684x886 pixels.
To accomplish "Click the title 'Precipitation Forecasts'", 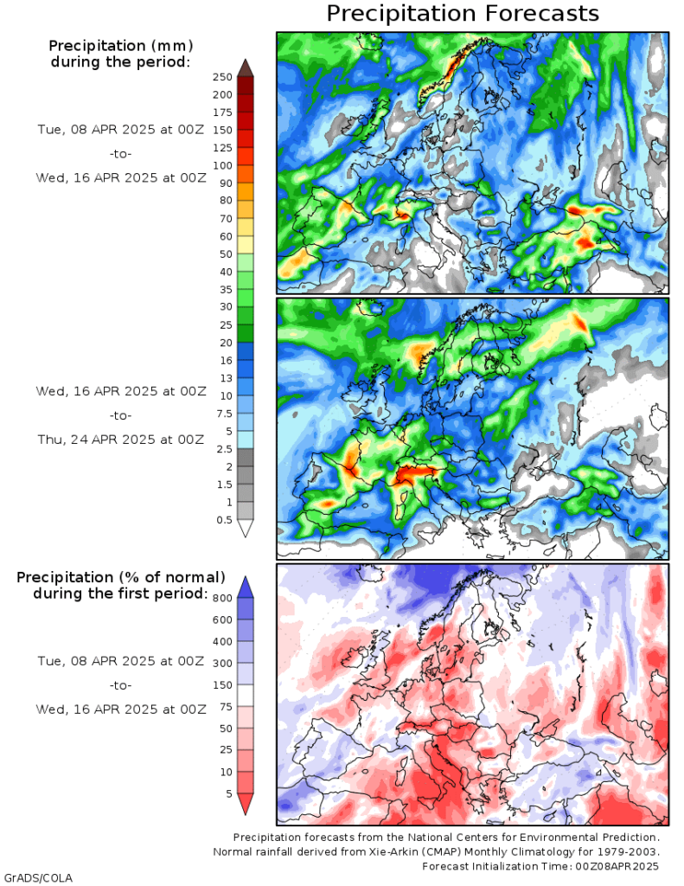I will pos(463,14).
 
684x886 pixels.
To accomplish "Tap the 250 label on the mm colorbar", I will pos(222,77).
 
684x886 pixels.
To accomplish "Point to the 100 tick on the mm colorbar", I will pos(222,165).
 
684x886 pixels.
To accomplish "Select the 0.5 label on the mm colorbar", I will pos(223,520).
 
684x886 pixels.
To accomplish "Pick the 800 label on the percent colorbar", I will pos(222,598).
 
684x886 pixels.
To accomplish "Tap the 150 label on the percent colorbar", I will pos(222,684).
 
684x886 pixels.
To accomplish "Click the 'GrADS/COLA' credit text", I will pos(38,877).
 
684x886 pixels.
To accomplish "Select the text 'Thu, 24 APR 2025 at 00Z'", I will pos(120,440).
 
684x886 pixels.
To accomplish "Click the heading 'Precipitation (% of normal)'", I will pos(121,577).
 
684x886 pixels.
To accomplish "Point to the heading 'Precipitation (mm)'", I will pos(120,45).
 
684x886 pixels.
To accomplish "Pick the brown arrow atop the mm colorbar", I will pos(245,67).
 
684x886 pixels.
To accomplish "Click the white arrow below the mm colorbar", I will pos(245,529).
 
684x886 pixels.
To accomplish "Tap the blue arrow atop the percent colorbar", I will pos(245,587).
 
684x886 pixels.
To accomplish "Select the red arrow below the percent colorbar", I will pos(245,805).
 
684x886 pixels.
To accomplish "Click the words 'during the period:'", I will pos(120,61).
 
